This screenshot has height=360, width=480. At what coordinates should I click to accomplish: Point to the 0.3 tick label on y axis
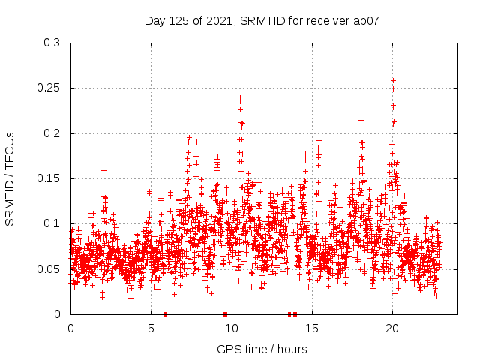52,43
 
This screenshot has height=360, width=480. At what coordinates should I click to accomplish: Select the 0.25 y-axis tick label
49,88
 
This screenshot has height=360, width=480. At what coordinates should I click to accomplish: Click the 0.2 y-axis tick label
52,133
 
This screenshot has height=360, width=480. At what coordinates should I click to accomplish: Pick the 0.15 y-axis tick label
49,178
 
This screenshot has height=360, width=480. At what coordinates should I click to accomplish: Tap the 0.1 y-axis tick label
52,223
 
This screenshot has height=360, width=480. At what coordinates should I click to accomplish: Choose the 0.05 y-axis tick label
49,268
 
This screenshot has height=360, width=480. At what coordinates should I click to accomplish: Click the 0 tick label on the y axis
57,314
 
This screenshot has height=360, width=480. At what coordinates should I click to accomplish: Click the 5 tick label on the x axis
151,328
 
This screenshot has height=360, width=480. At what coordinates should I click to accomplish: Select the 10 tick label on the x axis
231,328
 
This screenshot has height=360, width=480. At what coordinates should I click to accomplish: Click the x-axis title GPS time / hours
262,349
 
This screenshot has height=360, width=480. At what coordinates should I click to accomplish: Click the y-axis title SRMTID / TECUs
10,178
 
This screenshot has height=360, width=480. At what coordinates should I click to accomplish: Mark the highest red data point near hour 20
393,80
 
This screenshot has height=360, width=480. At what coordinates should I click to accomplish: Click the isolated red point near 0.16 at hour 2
103,170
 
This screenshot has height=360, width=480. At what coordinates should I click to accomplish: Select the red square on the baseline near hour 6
165,314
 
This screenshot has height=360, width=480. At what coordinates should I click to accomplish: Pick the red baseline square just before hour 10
225,314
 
